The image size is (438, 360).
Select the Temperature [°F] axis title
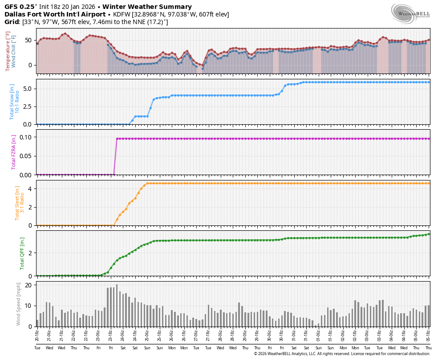[x=8, y=51]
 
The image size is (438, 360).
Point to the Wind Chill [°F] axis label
[x=14, y=51]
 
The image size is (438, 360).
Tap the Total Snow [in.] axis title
[x=12, y=102]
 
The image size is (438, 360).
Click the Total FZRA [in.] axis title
[x=14, y=152]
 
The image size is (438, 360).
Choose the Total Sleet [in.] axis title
[x=17, y=203]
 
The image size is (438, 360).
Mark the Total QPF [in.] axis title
[x=22, y=253]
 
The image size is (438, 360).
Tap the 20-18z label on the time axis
[x=37, y=335]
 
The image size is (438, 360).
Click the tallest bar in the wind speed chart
[x=117, y=305]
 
